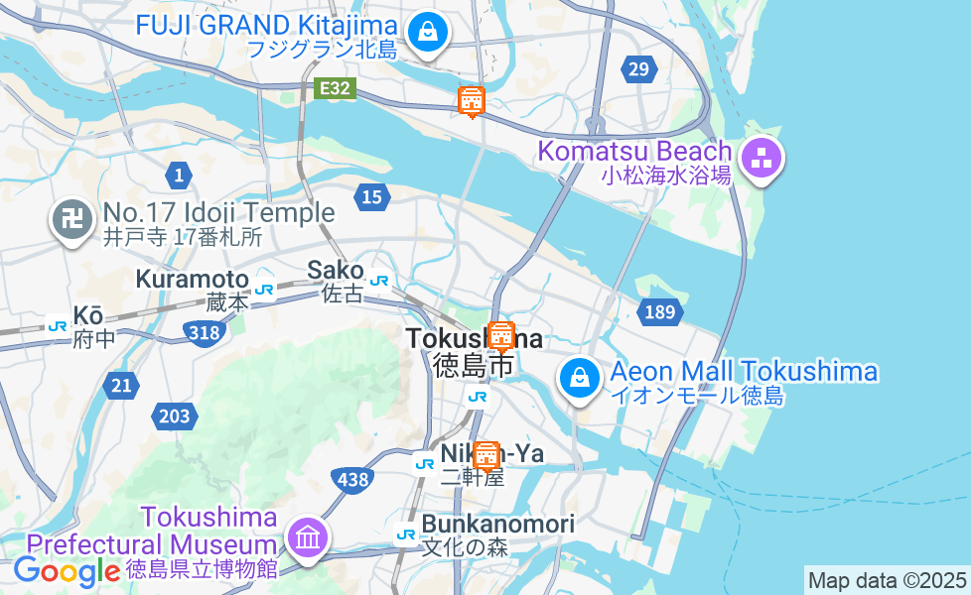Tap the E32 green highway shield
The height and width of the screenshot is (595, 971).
pyautogui.click(x=335, y=89)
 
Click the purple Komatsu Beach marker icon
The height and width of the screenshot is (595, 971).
pyautogui.click(x=762, y=159)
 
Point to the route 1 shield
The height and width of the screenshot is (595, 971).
pyautogui.click(x=179, y=177)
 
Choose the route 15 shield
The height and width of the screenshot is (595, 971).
pyautogui.click(x=371, y=197)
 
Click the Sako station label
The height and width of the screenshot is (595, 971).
pyautogui.click(x=336, y=270)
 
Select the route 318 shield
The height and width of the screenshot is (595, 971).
pyautogui.click(x=204, y=332)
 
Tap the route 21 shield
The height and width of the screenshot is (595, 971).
pyautogui.click(x=121, y=386)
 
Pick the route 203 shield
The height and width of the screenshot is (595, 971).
pyautogui.click(x=174, y=416)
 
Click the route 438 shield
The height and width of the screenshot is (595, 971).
pyautogui.click(x=352, y=480)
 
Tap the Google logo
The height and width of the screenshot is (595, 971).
pyautogui.click(x=67, y=571)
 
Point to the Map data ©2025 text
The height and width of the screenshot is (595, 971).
pyautogui.click(x=887, y=580)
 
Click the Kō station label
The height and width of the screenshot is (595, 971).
pyautogui.click(x=88, y=316)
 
